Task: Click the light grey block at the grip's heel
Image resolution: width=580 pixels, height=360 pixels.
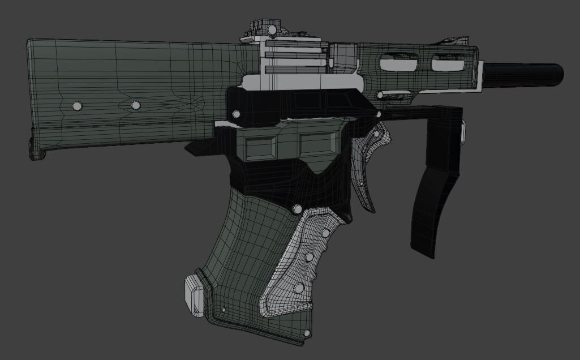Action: pyautogui.click(x=193, y=294)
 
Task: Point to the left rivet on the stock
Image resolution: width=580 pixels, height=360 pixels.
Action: pyautogui.click(x=77, y=106)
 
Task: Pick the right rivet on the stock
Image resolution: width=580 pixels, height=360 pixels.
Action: pyautogui.click(x=135, y=105)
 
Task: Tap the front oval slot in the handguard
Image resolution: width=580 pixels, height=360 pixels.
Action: pyautogui.click(x=448, y=63)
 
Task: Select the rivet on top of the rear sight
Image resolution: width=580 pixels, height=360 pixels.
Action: pyautogui.click(x=272, y=29)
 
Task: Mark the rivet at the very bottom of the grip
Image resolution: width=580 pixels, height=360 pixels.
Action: pyautogui.click(x=307, y=334)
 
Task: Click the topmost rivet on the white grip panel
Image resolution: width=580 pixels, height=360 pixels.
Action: pyautogui.click(x=325, y=233)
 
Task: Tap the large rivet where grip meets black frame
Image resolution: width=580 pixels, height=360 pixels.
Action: pyautogui.click(x=297, y=209)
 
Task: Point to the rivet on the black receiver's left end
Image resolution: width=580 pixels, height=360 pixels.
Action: pyautogui.click(x=236, y=115)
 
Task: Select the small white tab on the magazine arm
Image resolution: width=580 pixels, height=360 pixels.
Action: pyautogui.click(x=463, y=132)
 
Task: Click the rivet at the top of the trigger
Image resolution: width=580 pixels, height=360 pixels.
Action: pyautogui.click(x=376, y=134)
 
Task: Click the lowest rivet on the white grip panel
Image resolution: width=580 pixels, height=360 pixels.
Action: pyautogui.click(x=298, y=289)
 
